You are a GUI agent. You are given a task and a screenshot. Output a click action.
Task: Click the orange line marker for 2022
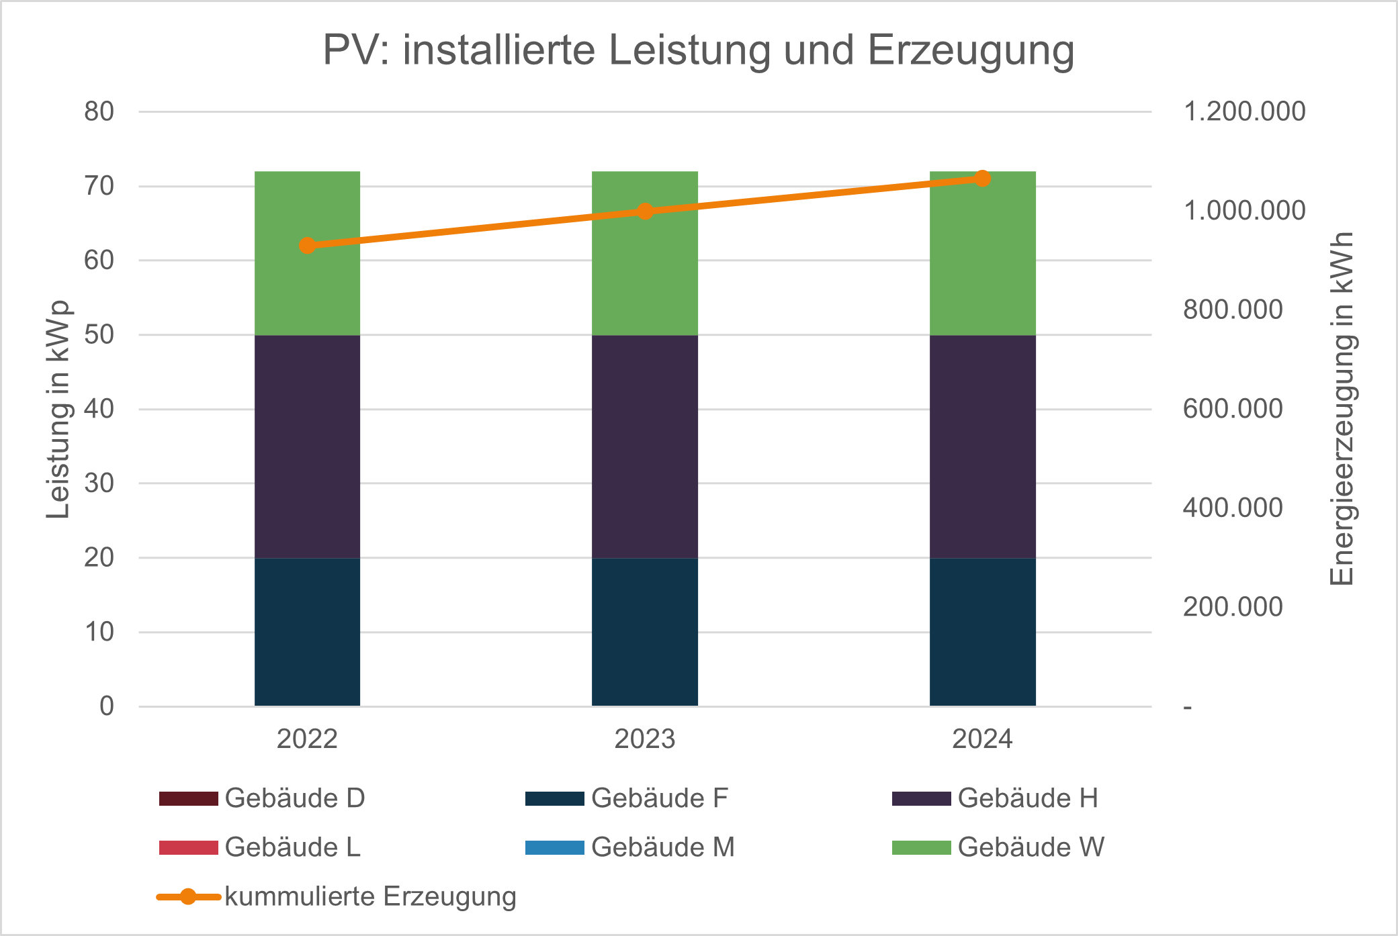coord(307,245)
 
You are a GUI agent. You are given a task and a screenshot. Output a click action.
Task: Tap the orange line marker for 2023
coord(645,212)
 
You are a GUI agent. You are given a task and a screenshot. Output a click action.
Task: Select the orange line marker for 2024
coord(982,179)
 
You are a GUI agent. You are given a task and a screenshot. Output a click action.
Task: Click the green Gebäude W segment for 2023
coord(645,282)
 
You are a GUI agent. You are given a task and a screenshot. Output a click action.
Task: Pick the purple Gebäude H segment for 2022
coord(307,447)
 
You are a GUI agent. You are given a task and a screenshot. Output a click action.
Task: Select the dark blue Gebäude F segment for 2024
coord(982,631)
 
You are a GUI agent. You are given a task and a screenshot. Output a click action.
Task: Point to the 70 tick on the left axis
coord(99,186)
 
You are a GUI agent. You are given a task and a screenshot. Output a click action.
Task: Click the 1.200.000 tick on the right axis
coord(1244,111)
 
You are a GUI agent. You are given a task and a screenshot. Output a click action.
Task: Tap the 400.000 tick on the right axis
coord(1233,508)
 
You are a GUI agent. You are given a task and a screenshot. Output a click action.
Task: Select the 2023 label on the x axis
coord(645,739)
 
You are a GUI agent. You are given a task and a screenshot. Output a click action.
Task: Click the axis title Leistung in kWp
coord(58,410)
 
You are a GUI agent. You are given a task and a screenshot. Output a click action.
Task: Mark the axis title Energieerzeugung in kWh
coord(1342,410)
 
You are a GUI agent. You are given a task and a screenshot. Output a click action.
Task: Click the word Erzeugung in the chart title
coord(971,50)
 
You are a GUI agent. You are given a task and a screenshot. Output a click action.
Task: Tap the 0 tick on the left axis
coord(107,706)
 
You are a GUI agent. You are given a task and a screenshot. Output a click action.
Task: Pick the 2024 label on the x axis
coord(982,739)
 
